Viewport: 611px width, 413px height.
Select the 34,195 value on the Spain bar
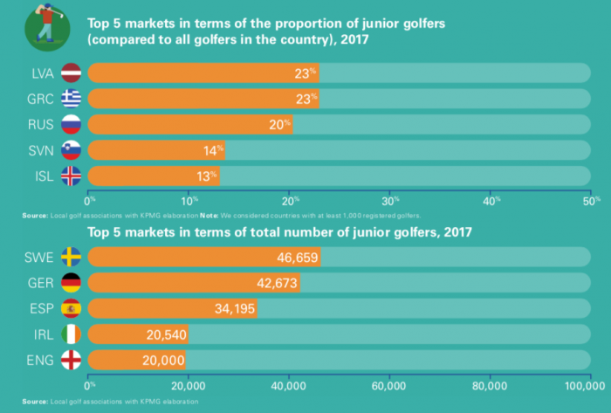[233, 308]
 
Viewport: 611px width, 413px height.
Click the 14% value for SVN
[214, 150]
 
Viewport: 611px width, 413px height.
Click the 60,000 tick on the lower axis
[388, 385]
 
